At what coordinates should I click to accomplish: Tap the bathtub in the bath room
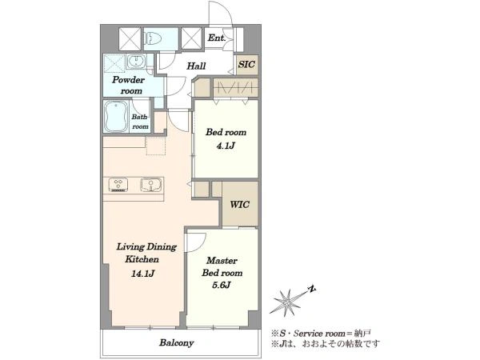pyautogui.click(x=116, y=116)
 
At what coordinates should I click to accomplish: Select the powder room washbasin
pyautogui.click(x=135, y=61)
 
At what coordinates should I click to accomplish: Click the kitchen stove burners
pyautogui.click(x=118, y=186)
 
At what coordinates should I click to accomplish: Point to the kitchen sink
pyautogui.click(x=151, y=185)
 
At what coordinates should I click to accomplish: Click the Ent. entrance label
pyautogui.click(x=217, y=38)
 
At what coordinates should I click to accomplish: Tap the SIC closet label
pyautogui.click(x=246, y=64)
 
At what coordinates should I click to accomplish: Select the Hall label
pyautogui.click(x=196, y=66)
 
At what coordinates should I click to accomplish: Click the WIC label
pyautogui.click(x=240, y=204)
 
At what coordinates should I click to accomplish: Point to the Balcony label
pyautogui.click(x=176, y=342)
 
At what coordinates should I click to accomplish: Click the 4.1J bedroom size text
pyautogui.click(x=226, y=146)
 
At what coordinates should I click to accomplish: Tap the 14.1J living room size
pyautogui.click(x=142, y=273)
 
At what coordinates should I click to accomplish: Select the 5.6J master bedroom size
pyautogui.click(x=222, y=285)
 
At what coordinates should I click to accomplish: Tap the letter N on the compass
pyautogui.click(x=312, y=289)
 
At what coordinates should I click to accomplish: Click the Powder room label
pyautogui.click(x=128, y=85)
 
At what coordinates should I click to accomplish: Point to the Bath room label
pyautogui.click(x=140, y=122)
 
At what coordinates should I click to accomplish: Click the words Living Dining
pyautogui.click(x=146, y=246)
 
